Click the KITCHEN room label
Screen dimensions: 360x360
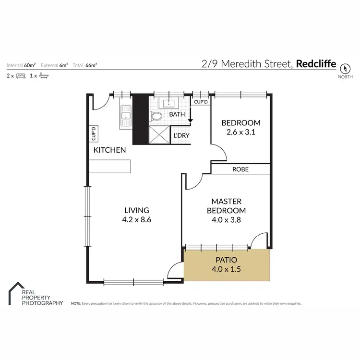pos(109,150)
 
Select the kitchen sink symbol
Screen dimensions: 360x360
pos(126,116)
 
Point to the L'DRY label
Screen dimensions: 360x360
pos(181,136)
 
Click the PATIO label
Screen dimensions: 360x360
pos(226,260)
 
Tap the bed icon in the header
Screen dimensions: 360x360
pos(20,76)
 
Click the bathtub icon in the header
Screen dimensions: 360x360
pos(43,76)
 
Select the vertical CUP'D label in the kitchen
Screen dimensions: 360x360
pos(94,133)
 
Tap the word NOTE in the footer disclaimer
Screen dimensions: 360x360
pos(76,304)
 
